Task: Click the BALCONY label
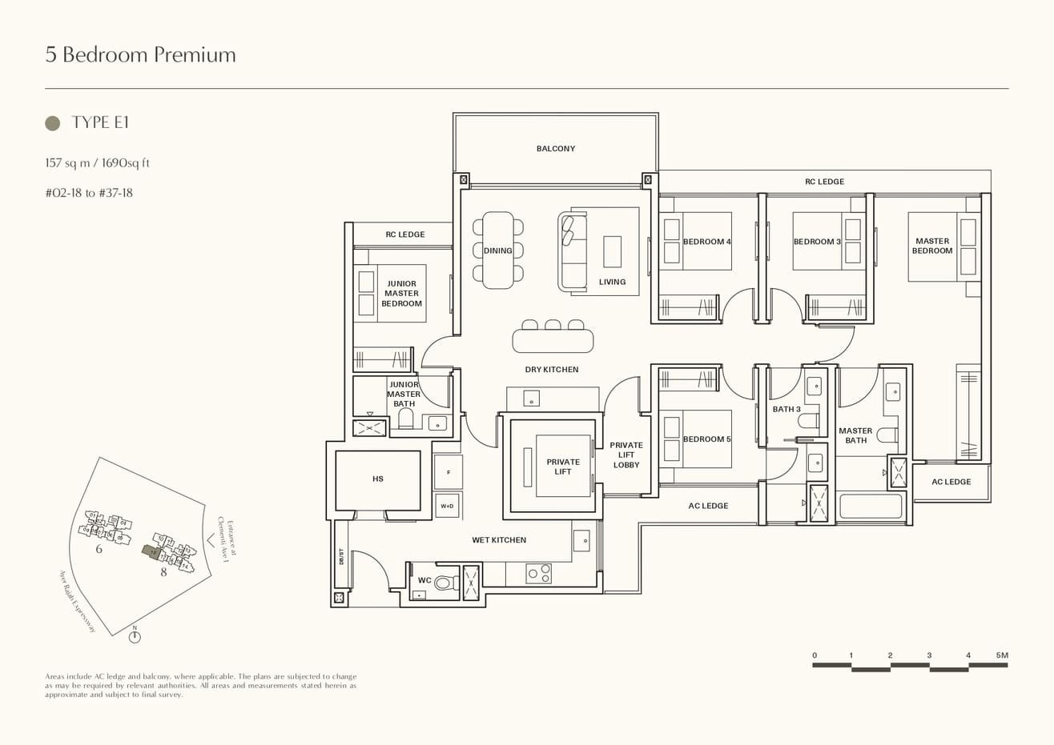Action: pos(555,149)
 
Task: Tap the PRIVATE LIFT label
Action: pos(563,467)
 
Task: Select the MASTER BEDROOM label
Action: pos(932,246)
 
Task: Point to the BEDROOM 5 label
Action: pos(706,439)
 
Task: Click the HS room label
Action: pos(378,479)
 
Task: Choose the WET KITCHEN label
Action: pos(499,540)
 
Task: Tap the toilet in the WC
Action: pos(443,583)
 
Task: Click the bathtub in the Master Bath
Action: pos(871,507)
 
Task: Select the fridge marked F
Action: pos(449,472)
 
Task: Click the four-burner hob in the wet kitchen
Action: pos(538,573)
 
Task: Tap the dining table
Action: pos(497,250)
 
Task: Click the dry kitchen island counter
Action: pos(553,341)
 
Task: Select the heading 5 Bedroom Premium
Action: pos(141,54)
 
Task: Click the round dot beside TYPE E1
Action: pos(53,122)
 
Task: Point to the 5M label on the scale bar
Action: pos(1002,655)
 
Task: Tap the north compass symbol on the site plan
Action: pos(135,637)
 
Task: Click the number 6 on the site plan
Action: pos(99,549)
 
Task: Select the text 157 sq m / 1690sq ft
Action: pos(98,163)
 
